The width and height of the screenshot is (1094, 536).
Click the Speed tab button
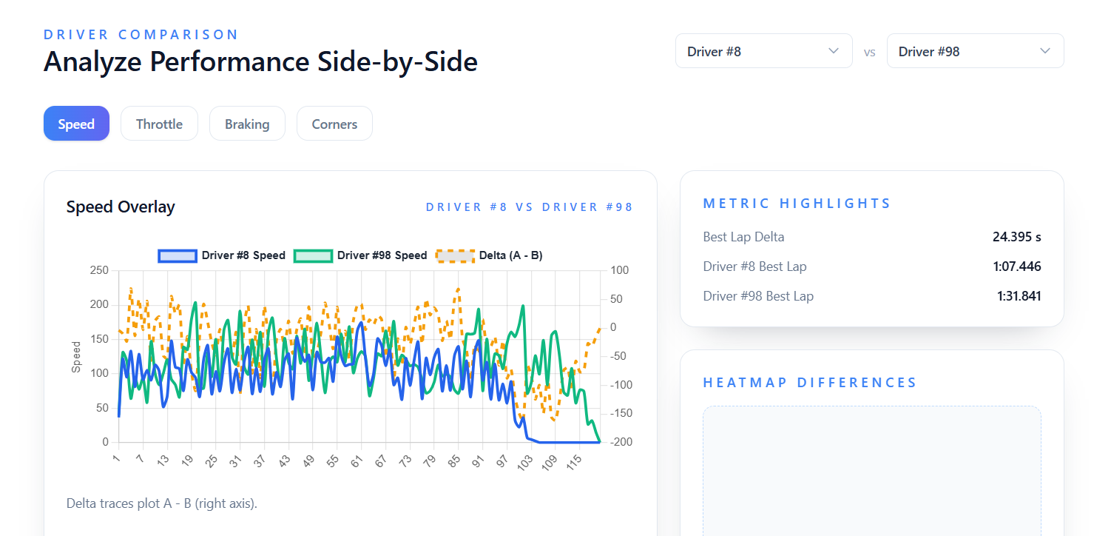[76, 124]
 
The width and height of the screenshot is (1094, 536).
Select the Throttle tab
[159, 124]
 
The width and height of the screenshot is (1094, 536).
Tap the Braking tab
[247, 124]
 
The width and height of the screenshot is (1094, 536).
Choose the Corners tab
[334, 124]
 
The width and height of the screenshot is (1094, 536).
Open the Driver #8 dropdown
[763, 51]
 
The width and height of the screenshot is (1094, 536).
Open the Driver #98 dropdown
[975, 51]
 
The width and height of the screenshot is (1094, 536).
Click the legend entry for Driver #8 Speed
[222, 255]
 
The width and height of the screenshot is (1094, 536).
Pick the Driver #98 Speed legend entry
[360, 255]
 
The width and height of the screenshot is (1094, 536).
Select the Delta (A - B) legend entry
[490, 255]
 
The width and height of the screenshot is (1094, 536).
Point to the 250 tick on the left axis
[99, 271]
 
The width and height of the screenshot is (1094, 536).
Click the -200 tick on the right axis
[620, 442]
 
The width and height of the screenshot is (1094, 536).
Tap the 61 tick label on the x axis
[357, 463]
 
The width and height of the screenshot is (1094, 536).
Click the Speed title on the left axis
[76, 357]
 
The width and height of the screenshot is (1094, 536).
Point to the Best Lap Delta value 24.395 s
[1016, 237]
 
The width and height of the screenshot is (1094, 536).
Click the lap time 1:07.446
[1017, 267]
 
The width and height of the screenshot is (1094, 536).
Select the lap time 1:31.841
[1019, 296]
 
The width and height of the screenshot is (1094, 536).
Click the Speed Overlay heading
[121, 207]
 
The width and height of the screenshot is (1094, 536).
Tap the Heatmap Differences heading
[810, 383]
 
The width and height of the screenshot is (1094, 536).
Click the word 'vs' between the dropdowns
[870, 52]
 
